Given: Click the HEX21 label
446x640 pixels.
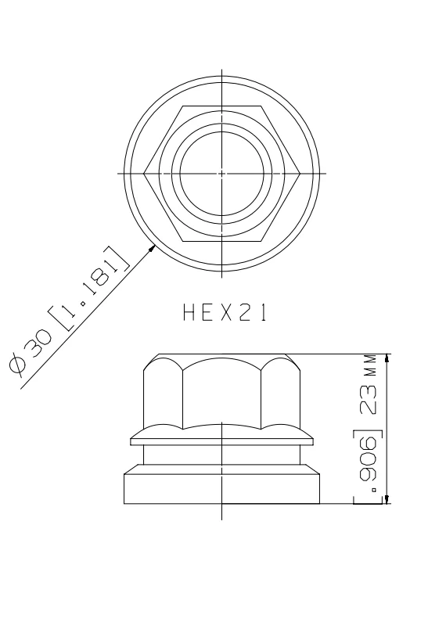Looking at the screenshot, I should [223, 314].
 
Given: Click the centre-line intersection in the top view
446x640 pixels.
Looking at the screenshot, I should [223, 172].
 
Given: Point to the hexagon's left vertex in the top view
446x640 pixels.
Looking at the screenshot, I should [145, 172].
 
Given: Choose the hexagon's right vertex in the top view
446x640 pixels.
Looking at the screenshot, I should [301, 172].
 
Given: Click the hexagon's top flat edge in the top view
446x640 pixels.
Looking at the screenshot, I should [223, 105].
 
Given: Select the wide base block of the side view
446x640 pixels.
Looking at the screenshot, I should [223, 487].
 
